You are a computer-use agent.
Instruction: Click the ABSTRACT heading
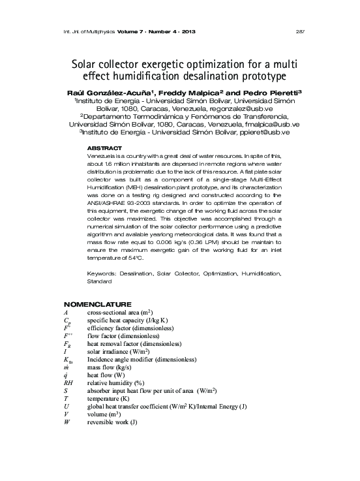tap(104, 149)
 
